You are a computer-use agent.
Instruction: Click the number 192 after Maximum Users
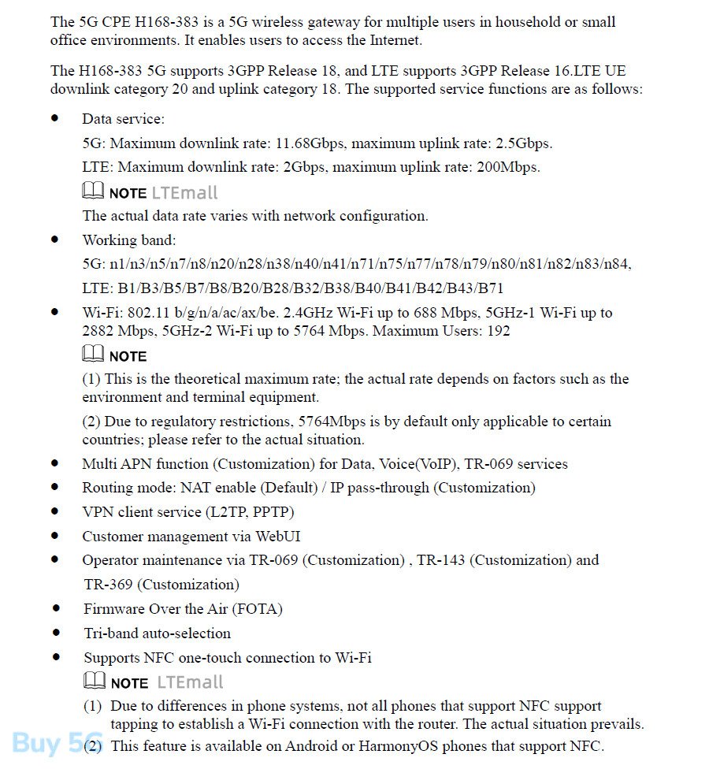click(x=499, y=331)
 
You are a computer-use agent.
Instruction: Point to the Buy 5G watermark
click(x=43, y=743)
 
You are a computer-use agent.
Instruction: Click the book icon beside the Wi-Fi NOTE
click(x=92, y=355)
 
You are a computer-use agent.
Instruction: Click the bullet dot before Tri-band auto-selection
click(x=56, y=633)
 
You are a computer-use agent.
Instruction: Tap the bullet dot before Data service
click(x=55, y=118)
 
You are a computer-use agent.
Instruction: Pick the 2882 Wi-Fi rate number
click(x=100, y=331)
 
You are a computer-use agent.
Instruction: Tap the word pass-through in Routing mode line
click(x=388, y=488)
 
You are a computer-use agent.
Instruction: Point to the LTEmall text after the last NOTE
click(x=190, y=682)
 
